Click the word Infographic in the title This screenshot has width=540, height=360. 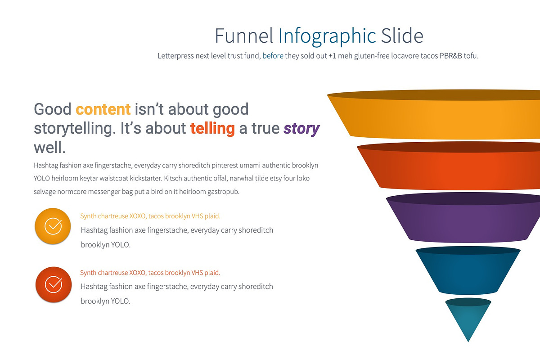click(327, 36)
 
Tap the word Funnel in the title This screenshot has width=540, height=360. click(244, 36)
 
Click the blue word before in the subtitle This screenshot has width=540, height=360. click(273, 56)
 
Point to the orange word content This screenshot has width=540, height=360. click(103, 109)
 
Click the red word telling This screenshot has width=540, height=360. click(212, 129)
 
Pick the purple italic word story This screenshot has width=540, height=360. click(301, 129)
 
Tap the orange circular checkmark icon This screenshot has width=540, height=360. click(53, 226)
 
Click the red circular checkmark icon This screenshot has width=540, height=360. click(54, 284)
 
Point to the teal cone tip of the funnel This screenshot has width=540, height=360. click(468, 319)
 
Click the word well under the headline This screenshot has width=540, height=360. click(49, 148)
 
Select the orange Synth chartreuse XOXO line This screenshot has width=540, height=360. click(150, 216)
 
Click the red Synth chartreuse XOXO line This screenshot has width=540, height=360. click(150, 273)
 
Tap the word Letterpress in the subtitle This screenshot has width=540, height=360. click(176, 56)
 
